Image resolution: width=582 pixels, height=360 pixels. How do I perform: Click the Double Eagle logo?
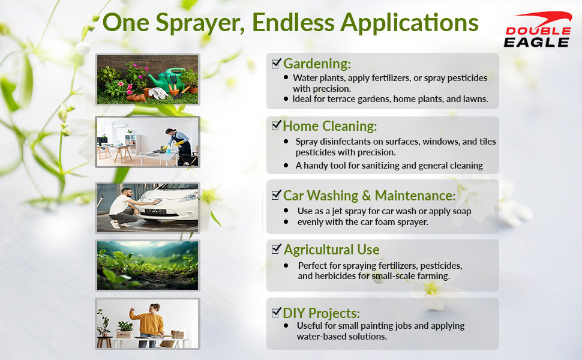click(x=538, y=29)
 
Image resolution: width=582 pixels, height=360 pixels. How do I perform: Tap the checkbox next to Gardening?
click(x=276, y=64)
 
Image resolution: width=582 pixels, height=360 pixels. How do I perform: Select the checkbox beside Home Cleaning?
click(x=276, y=125)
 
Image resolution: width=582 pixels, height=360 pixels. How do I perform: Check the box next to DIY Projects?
click(x=276, y=313)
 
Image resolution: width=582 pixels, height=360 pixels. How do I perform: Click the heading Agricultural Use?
click(x=331, y=250)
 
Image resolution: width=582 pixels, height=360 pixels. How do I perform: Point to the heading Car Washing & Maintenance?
click(x=370, y=196)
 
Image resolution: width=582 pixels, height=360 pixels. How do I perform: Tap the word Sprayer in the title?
click(x=200, y=23)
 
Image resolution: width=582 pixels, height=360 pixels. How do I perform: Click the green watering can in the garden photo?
click(x=166, y=78)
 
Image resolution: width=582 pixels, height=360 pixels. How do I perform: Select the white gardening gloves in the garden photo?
click(x=158, y=93)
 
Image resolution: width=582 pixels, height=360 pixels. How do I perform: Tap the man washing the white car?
click(x=124, y=208)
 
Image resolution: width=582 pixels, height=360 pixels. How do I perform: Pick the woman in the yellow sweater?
click(x=150, y=325)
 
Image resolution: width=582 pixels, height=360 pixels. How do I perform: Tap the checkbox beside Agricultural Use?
click(x=276, y=249)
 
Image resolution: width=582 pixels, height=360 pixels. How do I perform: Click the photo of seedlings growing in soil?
click(x=148, y=265)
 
